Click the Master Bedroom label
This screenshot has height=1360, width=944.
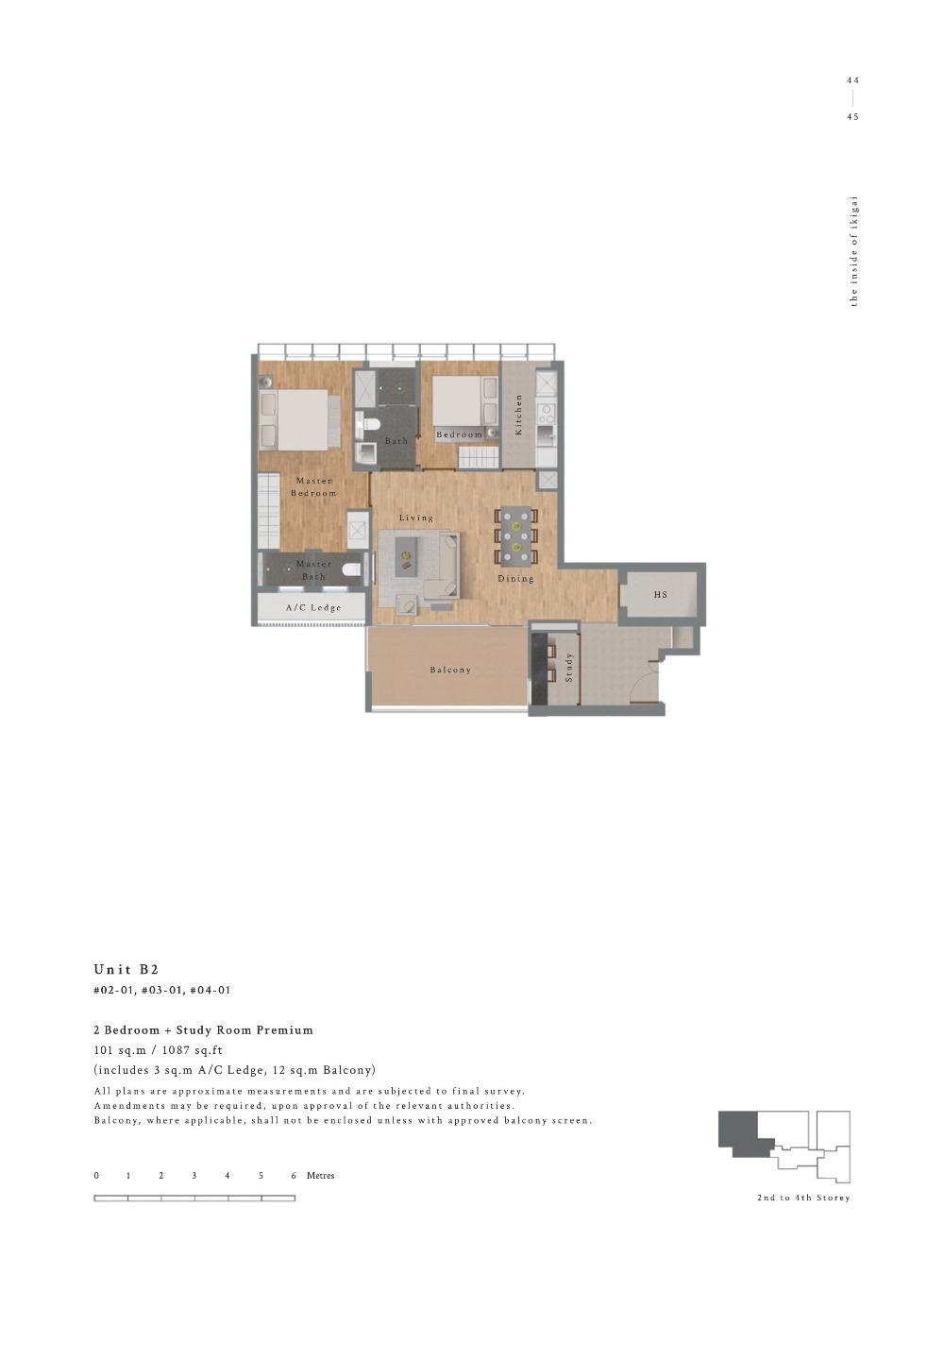coord(313,486)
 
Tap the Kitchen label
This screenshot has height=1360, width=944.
coord(518,415)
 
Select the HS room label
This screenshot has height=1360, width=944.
coord(661,595)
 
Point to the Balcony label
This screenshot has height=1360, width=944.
coord(450,670)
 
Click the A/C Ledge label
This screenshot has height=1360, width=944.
coord(313,607)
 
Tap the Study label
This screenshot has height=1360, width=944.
coord(569,667)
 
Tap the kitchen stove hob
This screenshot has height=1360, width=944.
coord(546,413)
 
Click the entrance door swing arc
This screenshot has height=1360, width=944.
coord(644,685)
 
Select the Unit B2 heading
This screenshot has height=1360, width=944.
coord(126,969)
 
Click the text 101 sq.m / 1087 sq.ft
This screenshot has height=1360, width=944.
coord(159,1049)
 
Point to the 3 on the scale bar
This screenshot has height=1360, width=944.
coord(194,1176)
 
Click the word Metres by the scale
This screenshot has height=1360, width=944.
coord(320,1176)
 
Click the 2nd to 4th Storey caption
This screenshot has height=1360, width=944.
coord(803,1198)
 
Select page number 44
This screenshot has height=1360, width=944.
coord(852,80)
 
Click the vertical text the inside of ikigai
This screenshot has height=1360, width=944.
coord(854,251)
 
